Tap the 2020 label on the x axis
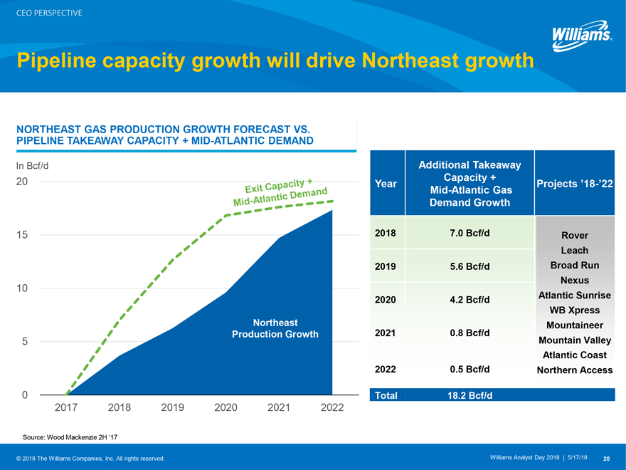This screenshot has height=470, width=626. coord(226,407)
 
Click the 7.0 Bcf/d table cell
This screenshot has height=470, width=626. coord(469,233)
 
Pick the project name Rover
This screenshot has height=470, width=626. coord(574,235)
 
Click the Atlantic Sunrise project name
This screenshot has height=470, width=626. coord(574,295)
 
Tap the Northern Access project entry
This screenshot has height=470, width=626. coord(574,370)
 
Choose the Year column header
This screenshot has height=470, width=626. coord(385,184)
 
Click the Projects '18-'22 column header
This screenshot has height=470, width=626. coord(574,184)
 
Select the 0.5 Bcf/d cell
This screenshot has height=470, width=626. coord(469,370)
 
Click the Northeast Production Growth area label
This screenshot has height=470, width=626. coord(275,328)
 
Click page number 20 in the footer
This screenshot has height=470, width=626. coord(606,458)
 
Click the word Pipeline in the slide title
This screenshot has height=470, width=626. coord(58,61)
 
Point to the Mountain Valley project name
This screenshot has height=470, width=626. coord(574,340)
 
